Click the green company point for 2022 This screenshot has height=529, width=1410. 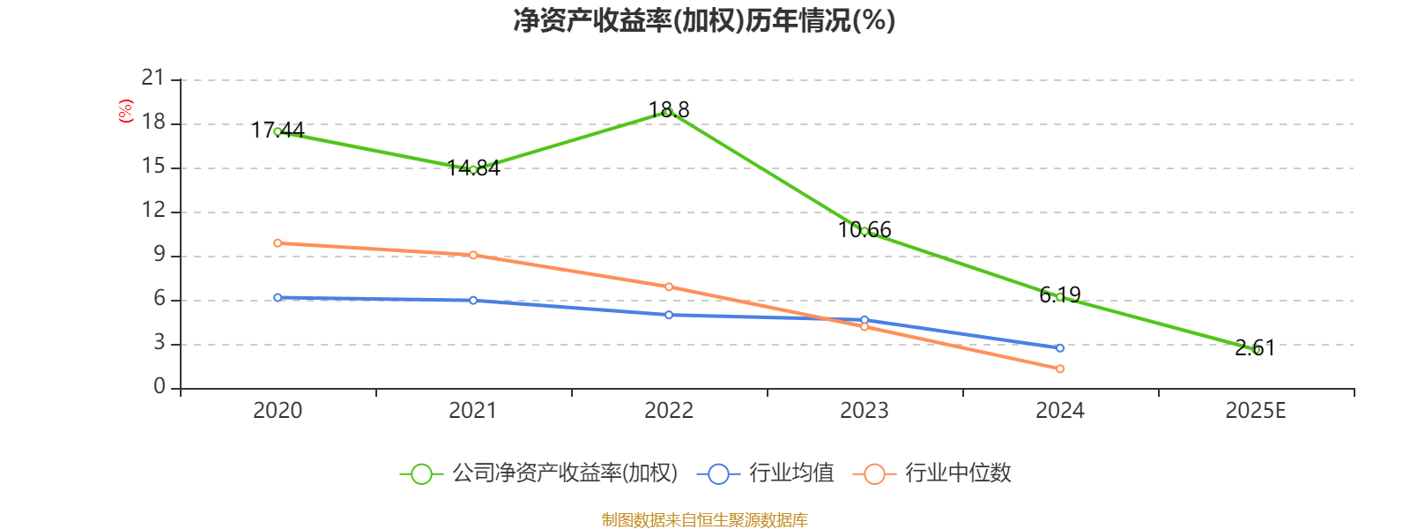669,112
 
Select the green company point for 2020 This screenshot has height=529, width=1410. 278,131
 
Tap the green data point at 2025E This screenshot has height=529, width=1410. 1256,350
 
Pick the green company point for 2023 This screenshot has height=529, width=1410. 865,231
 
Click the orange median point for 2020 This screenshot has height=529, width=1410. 278,242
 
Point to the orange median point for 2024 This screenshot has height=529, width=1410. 1060,369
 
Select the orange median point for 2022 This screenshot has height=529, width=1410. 669,287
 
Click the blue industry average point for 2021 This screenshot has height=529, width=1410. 473,301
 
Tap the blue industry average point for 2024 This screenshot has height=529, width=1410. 1060,348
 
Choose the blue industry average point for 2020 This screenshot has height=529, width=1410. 278,297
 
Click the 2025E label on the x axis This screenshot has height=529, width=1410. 1256,411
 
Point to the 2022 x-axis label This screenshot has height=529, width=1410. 669,411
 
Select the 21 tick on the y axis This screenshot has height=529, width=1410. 153,78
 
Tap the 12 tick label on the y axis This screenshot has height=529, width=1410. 153,211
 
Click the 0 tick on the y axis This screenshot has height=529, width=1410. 159,387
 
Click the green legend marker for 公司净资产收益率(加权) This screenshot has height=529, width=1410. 421,473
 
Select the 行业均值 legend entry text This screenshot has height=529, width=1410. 791,473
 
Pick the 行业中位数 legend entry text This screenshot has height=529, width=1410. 958,473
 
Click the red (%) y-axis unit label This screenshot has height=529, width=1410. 126,111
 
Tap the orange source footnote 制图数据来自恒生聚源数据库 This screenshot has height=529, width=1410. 705,520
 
